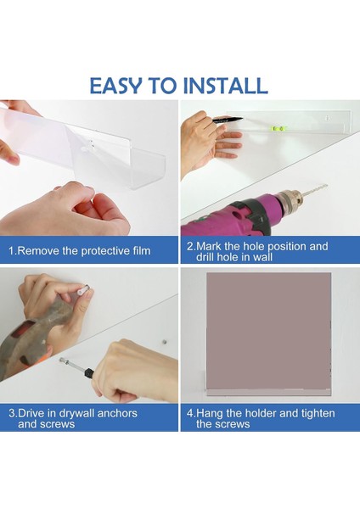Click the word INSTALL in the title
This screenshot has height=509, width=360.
pos(226,86)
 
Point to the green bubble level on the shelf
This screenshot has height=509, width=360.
pos(278,129)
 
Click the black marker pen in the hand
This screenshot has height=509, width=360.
pos(228,120)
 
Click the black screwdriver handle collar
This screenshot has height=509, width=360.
pos(89,372)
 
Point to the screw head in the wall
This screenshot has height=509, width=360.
pos(165,342)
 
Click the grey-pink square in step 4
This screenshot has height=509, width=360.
pos(268,331)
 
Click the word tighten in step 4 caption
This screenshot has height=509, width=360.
pos(318,414)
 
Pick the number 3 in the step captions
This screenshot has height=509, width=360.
pos(12,414)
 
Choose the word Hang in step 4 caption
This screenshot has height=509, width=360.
pos(210,414)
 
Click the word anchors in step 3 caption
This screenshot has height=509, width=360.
pos(117,414)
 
